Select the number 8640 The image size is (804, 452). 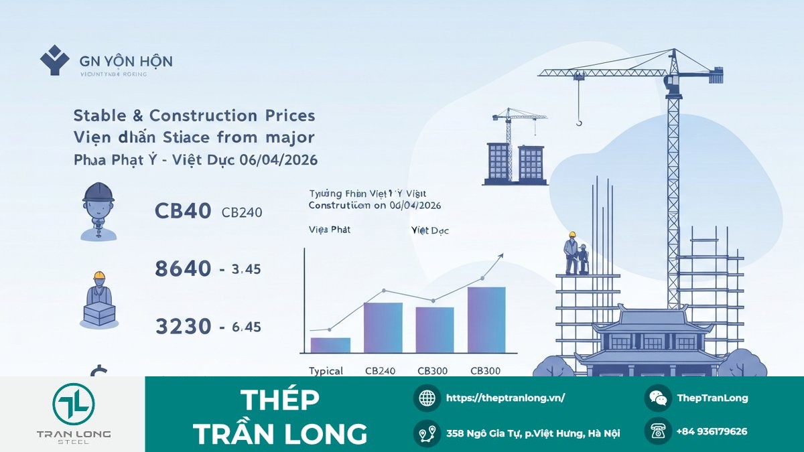[183, 269]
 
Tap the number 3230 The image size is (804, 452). [183, 327]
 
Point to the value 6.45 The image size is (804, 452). [247, 327]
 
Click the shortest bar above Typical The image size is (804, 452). [330, 345]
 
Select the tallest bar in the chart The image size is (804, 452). [486, 320]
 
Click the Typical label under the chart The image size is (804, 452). [326, 371]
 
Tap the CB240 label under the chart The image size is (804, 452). [381, 371]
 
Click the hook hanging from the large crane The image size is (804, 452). [579, 121]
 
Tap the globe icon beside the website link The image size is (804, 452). [427, 398]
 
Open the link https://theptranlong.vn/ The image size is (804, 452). [505, 398]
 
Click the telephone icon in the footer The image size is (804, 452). [658, 431]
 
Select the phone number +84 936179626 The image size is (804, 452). [712, 432]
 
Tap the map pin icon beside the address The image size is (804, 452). [427, 433]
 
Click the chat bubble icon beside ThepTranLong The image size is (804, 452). [658, 398]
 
